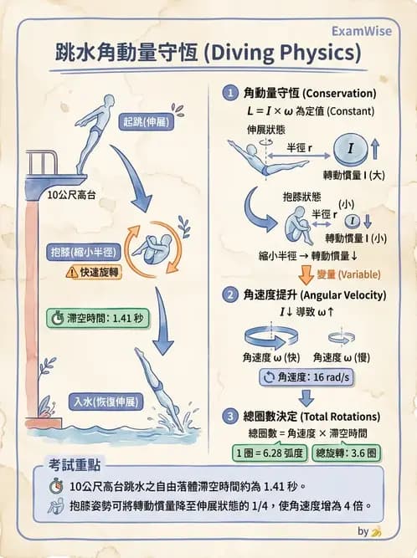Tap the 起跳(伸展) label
tap(144, 120)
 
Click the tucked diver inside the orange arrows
tap(154, 248)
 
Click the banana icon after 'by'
tap(377, 530)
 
